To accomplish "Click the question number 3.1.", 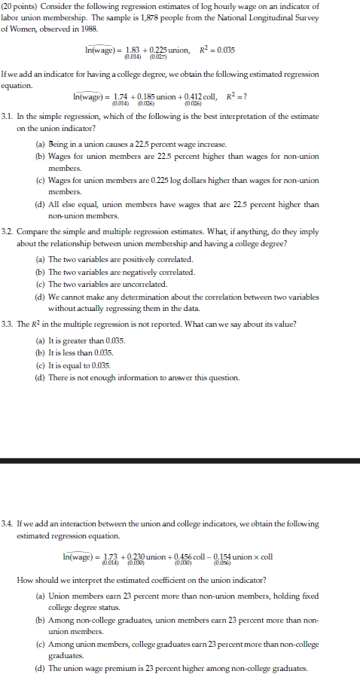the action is tap(8, 118).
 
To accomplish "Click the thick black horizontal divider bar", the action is tap(180, 460).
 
